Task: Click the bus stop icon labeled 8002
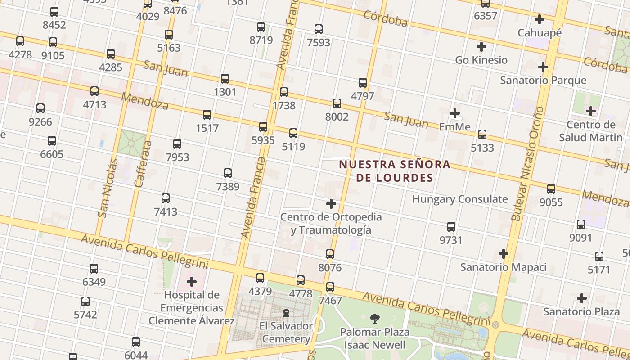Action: pos(337,103)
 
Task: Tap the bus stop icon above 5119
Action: pos(293,133)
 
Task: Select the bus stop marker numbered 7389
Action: pos(228,173)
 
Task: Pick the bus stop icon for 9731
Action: pos(451,226)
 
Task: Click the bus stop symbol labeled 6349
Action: pos(94,269)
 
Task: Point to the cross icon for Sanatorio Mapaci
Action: pos(504,254)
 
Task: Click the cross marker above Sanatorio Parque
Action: pos(543,67)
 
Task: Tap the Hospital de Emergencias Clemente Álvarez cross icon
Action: pos(192,282)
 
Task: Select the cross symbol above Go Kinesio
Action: pos(481,46)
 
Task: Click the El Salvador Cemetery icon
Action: pos(286,312)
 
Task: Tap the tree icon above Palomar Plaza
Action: pos(374,319)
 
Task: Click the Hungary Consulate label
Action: pos(460,199)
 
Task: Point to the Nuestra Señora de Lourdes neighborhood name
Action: pos(395,171)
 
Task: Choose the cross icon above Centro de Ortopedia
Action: pos(331,204)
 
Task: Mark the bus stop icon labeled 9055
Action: pos(551,189)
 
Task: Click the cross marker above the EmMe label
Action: pos(455,113)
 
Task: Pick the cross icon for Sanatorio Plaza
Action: pos(582,298)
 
